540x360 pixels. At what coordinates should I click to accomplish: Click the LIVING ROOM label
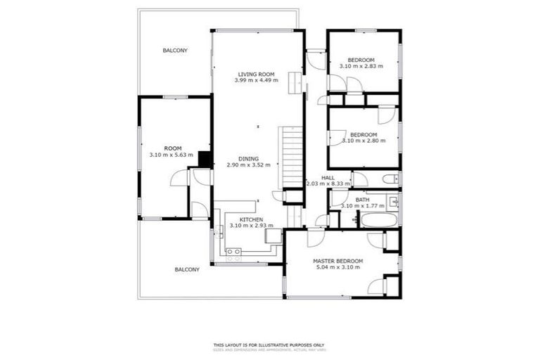point(256,74)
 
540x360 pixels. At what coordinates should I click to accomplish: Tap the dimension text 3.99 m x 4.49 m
point(256,80)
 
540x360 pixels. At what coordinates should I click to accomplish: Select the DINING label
point(248,159)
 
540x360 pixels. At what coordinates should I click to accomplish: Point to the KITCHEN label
point(251,219)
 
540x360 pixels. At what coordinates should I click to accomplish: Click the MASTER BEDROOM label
point(337,262)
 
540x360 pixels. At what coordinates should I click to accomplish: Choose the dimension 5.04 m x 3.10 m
point(337,268)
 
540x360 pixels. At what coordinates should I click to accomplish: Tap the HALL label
point(328,178)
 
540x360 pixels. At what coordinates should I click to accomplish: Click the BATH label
point(362,200)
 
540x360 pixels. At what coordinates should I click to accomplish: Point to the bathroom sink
point(394,203)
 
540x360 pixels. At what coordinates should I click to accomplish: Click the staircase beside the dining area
point(292,158)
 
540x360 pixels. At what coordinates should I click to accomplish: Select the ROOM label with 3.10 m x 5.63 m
point(172,148)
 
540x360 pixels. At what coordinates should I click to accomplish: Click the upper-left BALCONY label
point(175,51)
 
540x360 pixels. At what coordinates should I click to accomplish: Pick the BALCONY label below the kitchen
point(187,269)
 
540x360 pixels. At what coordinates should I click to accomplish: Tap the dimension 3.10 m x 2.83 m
point(361,66)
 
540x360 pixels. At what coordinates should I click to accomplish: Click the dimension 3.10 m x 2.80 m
point(364,141)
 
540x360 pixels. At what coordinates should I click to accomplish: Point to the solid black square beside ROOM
point(205,160)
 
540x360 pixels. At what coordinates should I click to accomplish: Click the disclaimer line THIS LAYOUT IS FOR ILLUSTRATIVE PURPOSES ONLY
point(269,345)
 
